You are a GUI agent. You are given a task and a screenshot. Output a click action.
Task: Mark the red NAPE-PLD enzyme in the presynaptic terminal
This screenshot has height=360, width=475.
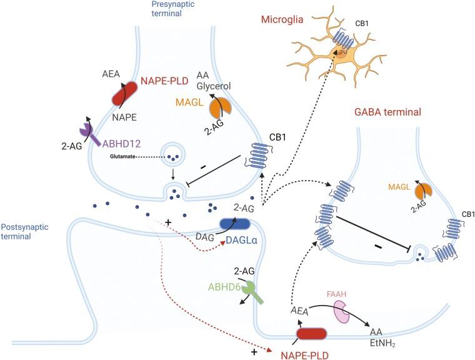click(127, 96)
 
